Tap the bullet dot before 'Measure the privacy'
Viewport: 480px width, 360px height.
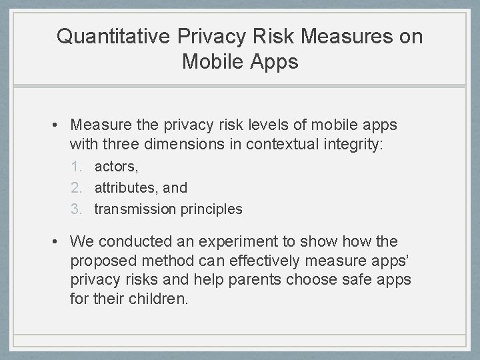point(59,125)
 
